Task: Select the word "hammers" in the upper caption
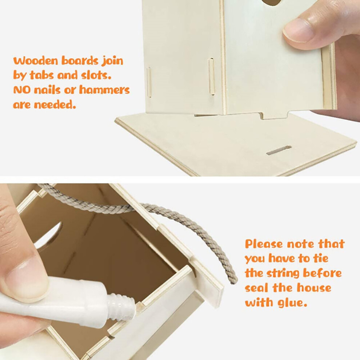[104, 90]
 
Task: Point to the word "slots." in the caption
[96, 75]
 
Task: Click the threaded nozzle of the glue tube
[121, 307]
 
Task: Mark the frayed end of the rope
[233, 279]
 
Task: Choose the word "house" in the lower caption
[314, 288]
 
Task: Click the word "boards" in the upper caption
[80, 61]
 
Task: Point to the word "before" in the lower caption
[322, 273]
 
